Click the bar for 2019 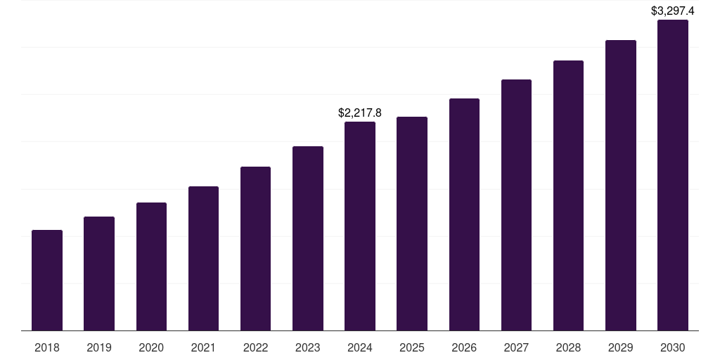point(99,274)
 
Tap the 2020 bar point(151,266)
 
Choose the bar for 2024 point(360,226)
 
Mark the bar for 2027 point(516,205)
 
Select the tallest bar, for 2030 point(673,175)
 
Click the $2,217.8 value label point(360,112)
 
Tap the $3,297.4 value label point(673,11)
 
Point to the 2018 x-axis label point(47,347)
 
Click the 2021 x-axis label point(203,347)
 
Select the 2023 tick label point(308,347)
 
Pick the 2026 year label point(464,347)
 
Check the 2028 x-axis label point(568,347)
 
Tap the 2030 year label point(673,347)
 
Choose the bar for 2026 point(464,214)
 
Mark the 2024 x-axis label point(360,347)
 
